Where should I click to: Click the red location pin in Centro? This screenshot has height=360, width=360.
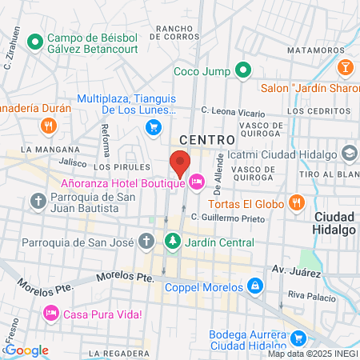(180, 162)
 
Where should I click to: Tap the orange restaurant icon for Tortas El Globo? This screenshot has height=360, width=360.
(297, 203)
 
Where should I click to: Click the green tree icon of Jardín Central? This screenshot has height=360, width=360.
(172, 240)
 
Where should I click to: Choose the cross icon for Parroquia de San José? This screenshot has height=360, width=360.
(146, 240)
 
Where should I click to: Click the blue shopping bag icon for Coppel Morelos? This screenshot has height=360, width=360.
(254, 286)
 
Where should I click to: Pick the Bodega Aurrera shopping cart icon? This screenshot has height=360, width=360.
(298, 338)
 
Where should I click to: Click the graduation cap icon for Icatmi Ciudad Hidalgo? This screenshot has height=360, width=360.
(350, 152)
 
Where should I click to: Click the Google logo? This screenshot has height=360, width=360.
(26, 350)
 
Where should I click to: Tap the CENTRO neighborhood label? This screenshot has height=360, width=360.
(206, 138)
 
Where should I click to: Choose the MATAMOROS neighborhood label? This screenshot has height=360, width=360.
(308, 50)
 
